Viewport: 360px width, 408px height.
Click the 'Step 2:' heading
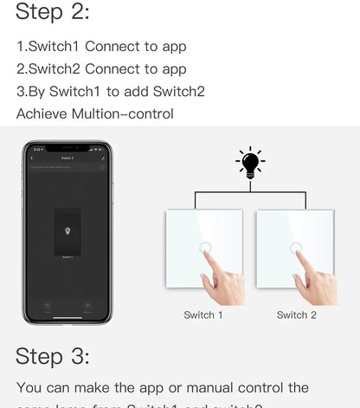(x=52, y=12)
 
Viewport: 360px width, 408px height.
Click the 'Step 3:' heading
(x=52, y=356)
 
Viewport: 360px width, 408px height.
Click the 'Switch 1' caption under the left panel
(x=203, y=315)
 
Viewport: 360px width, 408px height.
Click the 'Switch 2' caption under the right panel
(x=296, y=315)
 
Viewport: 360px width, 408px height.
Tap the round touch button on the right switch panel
(x=297, y=248)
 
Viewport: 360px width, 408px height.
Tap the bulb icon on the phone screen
(x=67, y=232)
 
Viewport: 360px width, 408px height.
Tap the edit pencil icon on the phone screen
(x=103, y=159)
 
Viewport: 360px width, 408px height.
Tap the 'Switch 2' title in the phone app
(x=67, y=159)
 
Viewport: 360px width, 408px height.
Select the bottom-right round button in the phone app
(x=87, y=306)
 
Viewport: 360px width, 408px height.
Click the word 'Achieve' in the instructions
(x=39, y=113)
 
